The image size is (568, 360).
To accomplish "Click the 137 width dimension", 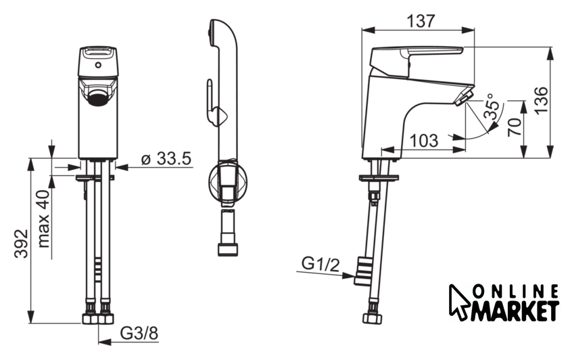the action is [x=420, y=21].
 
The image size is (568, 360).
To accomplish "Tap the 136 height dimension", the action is [x=542, y=99].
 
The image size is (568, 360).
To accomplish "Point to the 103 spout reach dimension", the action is [x=423, y=140].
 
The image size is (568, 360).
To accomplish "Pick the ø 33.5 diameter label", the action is [x=166, y=158].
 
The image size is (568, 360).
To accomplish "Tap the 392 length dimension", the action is [x=21, y=243].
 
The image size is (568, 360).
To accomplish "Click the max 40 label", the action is [x=43, y=219].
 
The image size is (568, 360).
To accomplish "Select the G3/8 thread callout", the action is [x=139, y=333].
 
